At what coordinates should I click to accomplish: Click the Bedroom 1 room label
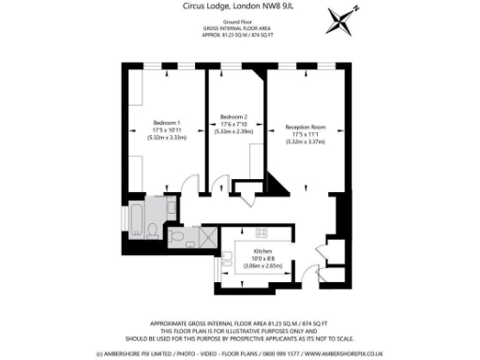point(167,123)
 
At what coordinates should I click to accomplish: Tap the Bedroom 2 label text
point(233,119)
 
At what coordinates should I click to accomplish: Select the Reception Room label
point(306,126)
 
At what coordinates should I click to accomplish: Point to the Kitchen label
point(262,251)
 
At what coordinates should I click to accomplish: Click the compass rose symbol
point(344,21)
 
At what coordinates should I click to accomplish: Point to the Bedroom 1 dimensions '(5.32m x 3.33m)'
point(167,138)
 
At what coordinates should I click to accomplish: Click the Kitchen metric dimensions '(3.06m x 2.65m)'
point(262,266)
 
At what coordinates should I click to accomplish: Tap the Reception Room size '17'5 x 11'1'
point(306,133)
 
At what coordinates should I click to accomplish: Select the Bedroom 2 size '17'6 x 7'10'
point(233,127)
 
